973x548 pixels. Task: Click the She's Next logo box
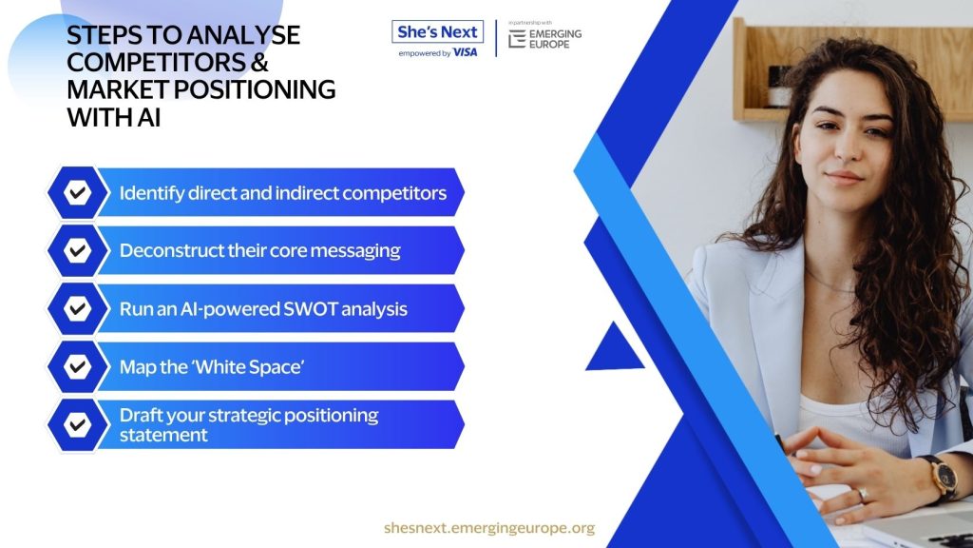tap(437, 31)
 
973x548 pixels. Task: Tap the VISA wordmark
tap(466, 53)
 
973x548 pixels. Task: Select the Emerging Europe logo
tap(544, 38)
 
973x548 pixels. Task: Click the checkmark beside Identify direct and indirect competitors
tap(78, 192)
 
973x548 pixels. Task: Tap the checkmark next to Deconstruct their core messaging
tap(78, 250)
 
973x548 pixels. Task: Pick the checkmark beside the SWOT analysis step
tap(78, 308)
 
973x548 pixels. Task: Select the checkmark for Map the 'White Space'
tap(78, 366)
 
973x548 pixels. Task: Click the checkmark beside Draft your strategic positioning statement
tap(78, 424)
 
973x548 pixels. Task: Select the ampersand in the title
tap(260, 62)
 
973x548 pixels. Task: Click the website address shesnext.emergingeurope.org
tap(489, 528)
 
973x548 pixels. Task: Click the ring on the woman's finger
tap(863, 495)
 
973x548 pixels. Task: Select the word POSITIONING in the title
tap(255, 89)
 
